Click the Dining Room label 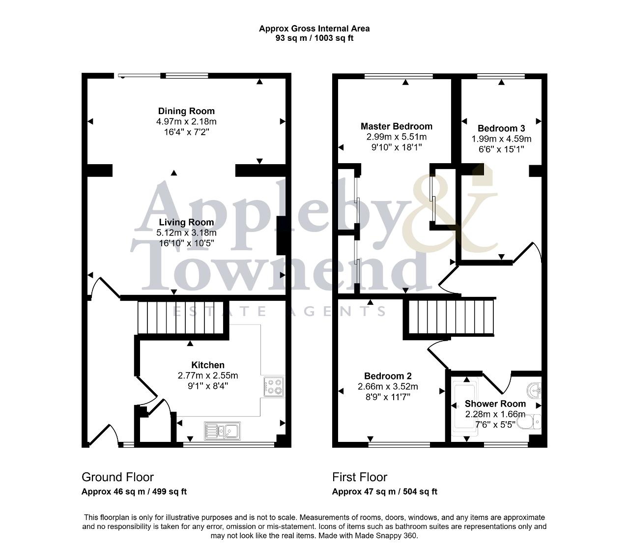186,111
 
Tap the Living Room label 186,222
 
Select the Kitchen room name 208,365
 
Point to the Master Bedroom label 397,126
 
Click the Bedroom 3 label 501,128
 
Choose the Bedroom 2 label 388,376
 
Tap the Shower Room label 495,404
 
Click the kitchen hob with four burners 274,386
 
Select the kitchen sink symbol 222,431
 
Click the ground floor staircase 181,317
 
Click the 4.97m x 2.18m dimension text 186,121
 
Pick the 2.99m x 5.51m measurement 397,137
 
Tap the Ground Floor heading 117,477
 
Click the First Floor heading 360,477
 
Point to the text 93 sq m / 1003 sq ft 314,38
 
